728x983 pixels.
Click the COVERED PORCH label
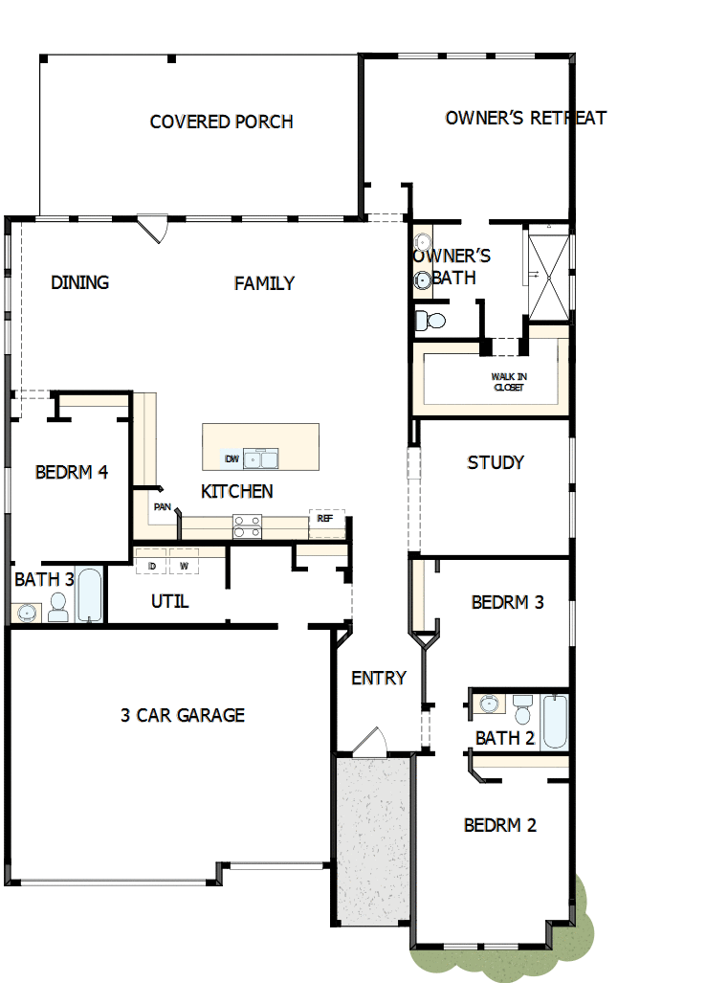pos(221,122)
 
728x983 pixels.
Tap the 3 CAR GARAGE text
pos(183,715)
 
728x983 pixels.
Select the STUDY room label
pos(496,462)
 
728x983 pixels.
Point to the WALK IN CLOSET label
pos(509,382)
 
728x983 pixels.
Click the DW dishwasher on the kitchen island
pos(231,459)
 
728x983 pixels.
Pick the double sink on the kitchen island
pos(260,459)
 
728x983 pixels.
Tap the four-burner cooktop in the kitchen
pos(247,525)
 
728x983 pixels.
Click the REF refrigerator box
pos(325,519)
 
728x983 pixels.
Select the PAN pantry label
pos(162,507)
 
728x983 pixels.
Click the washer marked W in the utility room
pos(184,566)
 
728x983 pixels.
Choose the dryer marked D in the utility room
pos(151,566)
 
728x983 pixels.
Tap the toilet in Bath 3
pos(58,607)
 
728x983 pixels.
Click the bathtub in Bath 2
pos(555,722)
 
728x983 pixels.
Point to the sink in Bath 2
pos(489,704)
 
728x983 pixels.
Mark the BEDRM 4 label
pos(71,472)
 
